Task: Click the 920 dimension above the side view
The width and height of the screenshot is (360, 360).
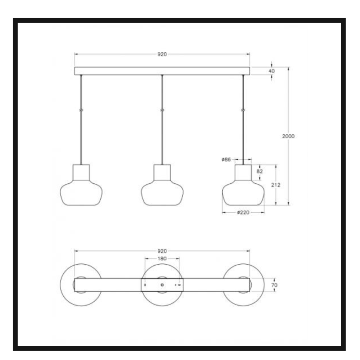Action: coord(162,54)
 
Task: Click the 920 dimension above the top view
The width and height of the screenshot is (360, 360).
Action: coord(162,251)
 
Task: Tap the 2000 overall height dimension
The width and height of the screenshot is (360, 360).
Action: coord(288,136)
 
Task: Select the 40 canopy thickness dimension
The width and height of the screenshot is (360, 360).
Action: coord(271,71)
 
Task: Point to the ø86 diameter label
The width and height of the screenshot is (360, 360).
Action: coord(226,159)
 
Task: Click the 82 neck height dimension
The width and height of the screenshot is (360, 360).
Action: coord(260,171)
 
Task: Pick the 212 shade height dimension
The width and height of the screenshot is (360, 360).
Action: coord(275,185)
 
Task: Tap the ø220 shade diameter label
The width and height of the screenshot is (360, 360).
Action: coord(243,212)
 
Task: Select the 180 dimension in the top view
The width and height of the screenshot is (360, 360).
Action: coord(162,258)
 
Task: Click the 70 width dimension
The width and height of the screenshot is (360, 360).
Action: coord(274,285)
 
